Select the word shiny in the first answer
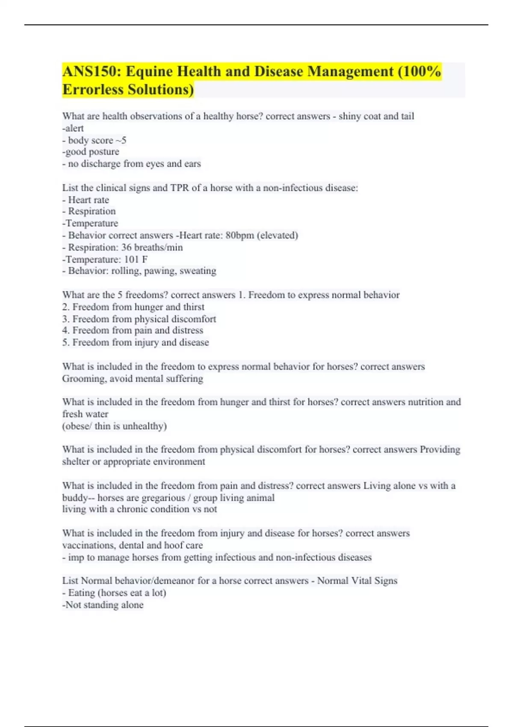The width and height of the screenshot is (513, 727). (x=350, y=116)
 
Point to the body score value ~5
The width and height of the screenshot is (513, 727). (x=121, y=140)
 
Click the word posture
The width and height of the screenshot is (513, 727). (x=104, y=152)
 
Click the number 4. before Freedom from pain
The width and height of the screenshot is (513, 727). (x=66, y=331)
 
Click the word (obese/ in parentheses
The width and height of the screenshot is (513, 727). (x=77, y=426)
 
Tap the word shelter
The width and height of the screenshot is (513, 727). (x=75, y=462)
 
